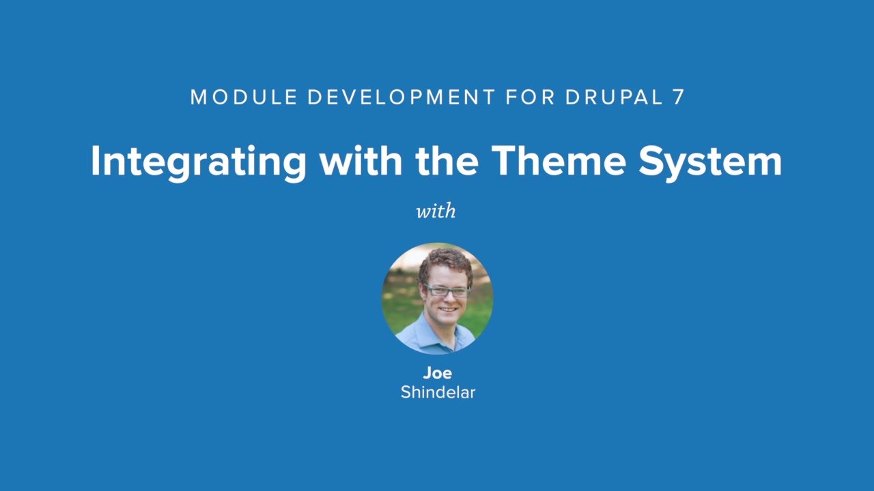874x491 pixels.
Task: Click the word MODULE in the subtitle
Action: pos(244,98)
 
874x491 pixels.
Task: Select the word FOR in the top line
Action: pos(530,98)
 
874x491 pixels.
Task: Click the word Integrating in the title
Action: pos(198,162)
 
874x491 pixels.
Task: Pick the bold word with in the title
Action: pos(361,161)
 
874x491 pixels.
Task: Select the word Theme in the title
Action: pos(559,161)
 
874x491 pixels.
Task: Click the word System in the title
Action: pos(710,162)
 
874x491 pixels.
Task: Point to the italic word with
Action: pos(436,211)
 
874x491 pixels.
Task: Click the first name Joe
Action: pos(437,373)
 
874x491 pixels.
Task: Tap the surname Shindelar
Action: pos(438,392)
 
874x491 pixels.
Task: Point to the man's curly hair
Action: pos(445,262)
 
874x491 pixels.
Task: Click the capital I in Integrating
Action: pos(96,161)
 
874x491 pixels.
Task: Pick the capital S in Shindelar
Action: pos(406,392)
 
